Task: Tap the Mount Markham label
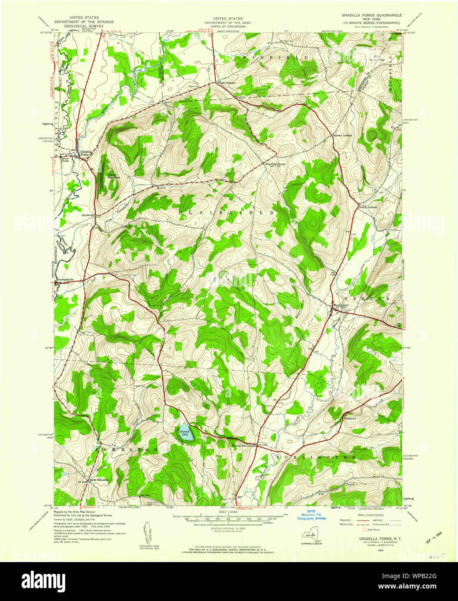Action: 114,176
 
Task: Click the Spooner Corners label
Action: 344,136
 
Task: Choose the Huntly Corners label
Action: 368,207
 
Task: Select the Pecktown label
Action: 350,419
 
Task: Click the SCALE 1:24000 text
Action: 228,512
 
